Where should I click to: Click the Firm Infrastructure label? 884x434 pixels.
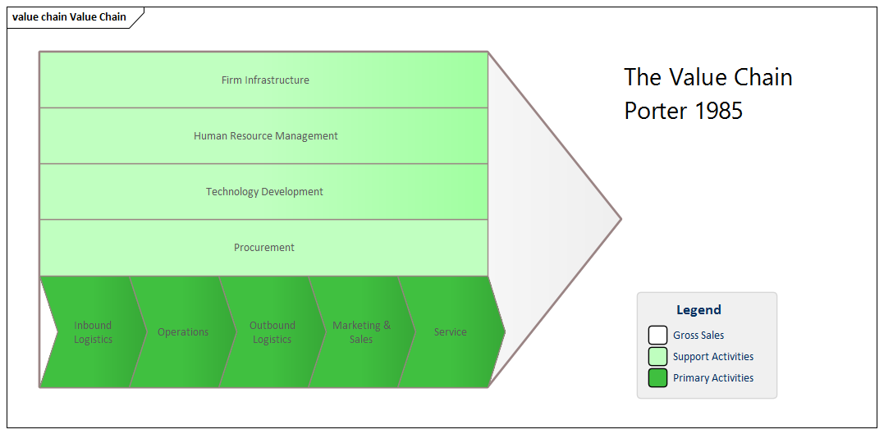pos(265,80)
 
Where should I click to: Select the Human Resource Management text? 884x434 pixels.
pos(265,136)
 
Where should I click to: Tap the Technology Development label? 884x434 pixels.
pos(264,192)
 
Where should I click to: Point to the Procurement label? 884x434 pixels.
pos(264,248)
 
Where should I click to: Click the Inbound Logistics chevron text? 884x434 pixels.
pos(93,332)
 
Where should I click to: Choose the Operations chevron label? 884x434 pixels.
pos(183,332)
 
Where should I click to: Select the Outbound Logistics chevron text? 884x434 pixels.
pos(272,332)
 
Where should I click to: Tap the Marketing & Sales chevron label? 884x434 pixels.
pos(361,332)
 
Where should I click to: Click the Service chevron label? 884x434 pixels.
pos(450,332)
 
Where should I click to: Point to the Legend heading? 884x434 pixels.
pos(698,310)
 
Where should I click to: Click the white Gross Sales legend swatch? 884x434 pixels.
pos(657,336)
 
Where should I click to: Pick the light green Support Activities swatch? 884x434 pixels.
pos(657,357)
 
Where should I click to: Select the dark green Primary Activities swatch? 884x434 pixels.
pos(657,378)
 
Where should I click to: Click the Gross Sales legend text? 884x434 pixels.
pos(698,336)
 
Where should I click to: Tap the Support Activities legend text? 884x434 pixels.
pos(712,357)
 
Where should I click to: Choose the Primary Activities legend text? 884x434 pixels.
pos(712,378)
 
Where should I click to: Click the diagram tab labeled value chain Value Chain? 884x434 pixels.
pos(70,17)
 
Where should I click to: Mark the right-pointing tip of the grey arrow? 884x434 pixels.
pos(620,219)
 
